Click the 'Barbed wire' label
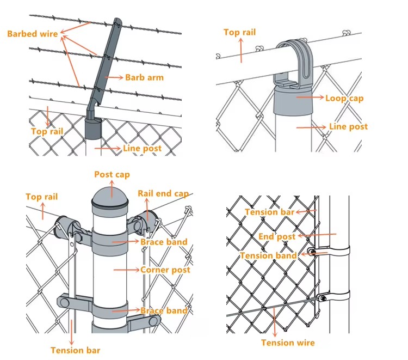32,34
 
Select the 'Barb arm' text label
144,77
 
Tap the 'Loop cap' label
344,99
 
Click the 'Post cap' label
112,175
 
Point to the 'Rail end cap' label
163,193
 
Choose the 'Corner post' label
165,270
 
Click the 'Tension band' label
268,255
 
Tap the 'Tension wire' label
288,343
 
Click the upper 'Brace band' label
164,242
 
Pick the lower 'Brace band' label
164,310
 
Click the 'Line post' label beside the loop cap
348,126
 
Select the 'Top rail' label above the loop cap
239,32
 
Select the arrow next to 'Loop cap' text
310,98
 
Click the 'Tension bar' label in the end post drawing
269,212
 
